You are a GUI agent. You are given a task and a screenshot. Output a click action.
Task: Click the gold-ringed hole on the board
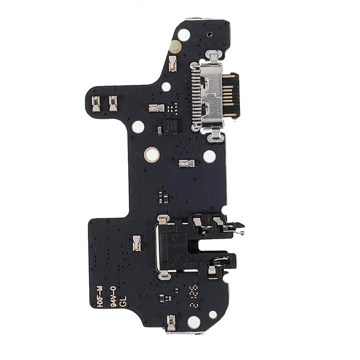click(153, 155)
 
